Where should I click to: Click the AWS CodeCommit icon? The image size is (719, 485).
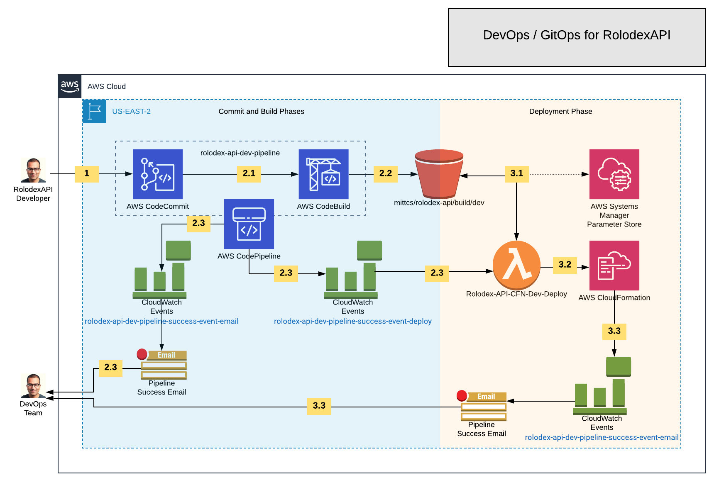point(157,174)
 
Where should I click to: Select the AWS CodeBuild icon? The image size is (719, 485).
point(323,174)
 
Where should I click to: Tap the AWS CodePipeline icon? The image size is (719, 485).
point(249,224)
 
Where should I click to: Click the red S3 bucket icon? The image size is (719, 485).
point(439,174)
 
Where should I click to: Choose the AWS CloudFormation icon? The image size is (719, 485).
point(614,266)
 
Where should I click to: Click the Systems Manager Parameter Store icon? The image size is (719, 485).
point(614,174)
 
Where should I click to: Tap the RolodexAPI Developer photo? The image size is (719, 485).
point(33,170)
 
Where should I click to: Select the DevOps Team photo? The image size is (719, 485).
point(33,386)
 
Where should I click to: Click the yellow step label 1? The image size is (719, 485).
point(87,173)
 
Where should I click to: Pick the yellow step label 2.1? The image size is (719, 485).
point(249,173)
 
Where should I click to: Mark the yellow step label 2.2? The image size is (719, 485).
point(385,173)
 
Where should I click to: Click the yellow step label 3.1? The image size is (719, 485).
point(516,173)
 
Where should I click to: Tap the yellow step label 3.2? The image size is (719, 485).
point(565,265)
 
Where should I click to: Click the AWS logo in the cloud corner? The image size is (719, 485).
point(70,86)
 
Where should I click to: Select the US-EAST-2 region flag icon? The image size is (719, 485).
point(94,111)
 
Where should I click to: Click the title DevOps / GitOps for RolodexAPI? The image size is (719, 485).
point(577,35)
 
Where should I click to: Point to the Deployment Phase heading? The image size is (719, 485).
point(560,111)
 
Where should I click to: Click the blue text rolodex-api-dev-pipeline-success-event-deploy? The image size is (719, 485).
point(352,321)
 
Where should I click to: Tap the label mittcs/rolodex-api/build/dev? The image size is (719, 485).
point(439,203)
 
